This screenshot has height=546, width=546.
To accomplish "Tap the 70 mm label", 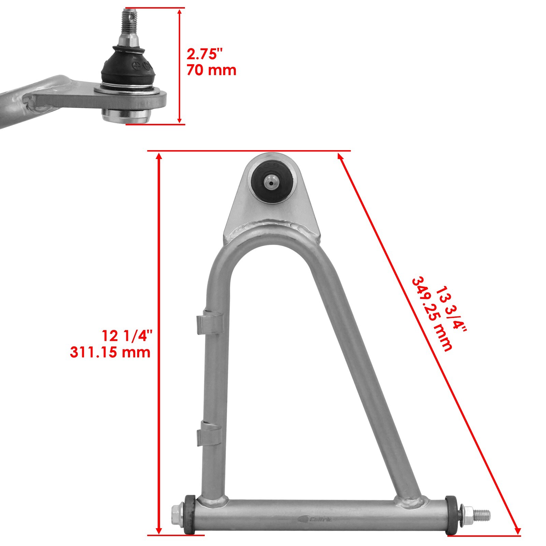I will [211, 70].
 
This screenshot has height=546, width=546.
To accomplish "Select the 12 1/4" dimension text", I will [126, 336].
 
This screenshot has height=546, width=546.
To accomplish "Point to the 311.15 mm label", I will [110, 352].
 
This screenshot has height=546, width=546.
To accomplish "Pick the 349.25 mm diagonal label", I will [432, 314].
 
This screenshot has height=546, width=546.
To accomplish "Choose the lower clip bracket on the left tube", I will [209, 433].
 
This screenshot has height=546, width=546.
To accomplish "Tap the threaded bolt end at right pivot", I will [481, 514].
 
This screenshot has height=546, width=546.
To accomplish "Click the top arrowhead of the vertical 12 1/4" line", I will [159, 156].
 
